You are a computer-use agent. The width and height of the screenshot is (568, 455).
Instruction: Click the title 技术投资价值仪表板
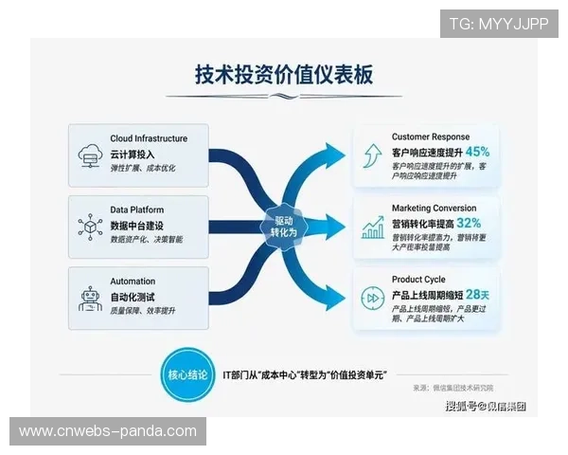pyautogui.click(x=283, y=75)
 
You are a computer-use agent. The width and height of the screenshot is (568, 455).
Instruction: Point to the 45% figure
pyautogui.click(x=477, y=152)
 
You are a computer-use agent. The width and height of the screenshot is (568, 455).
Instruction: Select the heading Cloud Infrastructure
pyautogui.click(x=149, y=138)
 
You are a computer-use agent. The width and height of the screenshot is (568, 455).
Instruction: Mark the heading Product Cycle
pyautogui.click(x=419, y=280)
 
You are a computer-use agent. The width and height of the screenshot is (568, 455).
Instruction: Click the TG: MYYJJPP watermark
pyautogui.click(x=498, y=24)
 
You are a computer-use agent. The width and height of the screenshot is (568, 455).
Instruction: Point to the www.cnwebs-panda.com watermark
pyautogui.click(x=108, y=431)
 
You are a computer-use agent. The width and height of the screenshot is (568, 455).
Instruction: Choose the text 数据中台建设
pyautogui.click(x=140, y=225)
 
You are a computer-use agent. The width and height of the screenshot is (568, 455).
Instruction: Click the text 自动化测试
pyautogui.click(x=133, y=297)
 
